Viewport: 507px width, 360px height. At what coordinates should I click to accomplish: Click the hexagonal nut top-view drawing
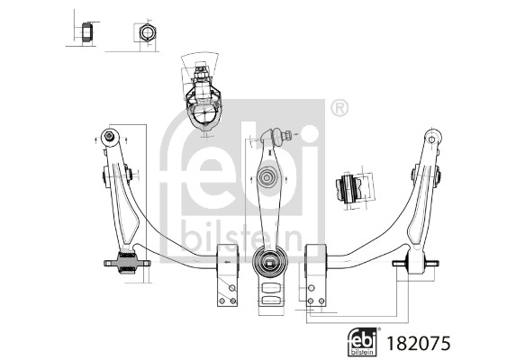click(x=144, y=34)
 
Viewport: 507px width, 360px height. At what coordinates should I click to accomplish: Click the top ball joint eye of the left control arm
click(x=109, y=137)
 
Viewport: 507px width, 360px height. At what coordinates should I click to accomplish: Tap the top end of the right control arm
click(x=433, y=139)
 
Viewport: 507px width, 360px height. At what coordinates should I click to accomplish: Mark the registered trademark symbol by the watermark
click(x=339, y=108)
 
